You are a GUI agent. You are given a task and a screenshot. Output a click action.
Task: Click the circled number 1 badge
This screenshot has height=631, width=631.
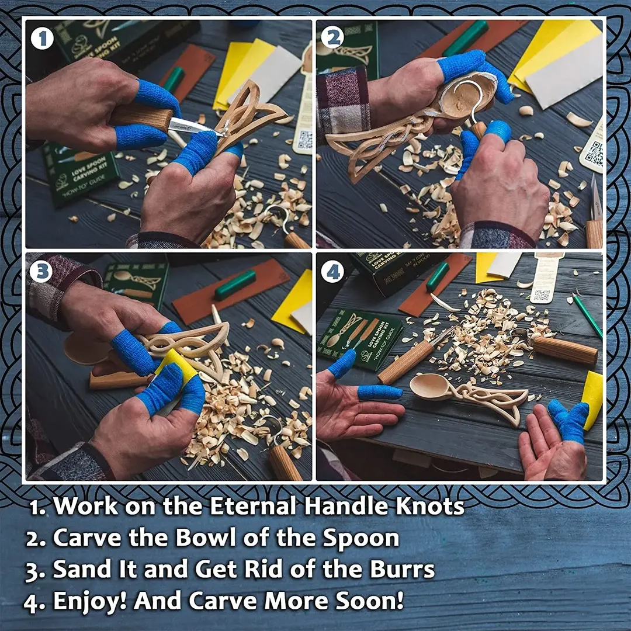[x=41, y=39]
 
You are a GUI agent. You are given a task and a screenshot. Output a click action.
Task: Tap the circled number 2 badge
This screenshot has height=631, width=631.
[x=332, y=37]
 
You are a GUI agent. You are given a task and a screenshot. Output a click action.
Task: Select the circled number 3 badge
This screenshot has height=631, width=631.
[x=41, y=271]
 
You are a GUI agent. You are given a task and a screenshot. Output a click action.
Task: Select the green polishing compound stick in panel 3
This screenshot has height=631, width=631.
[x=234, y=285]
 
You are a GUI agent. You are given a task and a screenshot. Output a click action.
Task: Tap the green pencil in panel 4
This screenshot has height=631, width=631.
[x=587, y=315]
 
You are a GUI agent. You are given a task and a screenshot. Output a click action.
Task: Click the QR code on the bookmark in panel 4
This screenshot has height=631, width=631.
[x=541, y=296]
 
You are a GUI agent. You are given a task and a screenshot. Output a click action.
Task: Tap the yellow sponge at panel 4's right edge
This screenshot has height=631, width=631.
[x=593, y=398]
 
